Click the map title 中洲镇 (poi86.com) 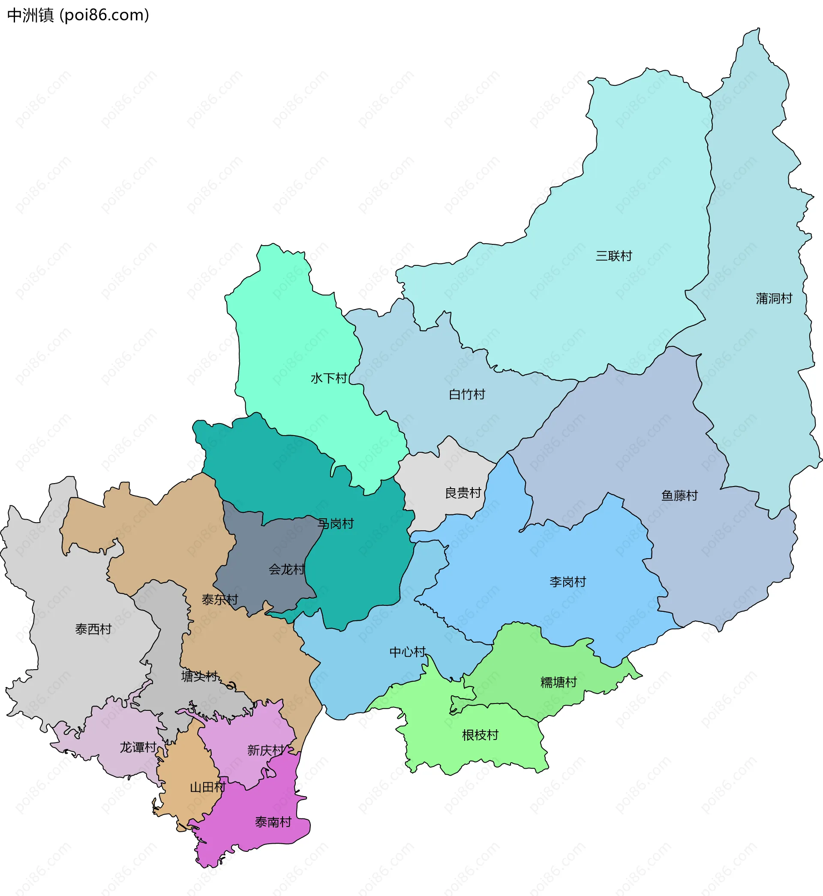pyautogui.click(x=78, y=15)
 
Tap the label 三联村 pyautogui.click(x=614, y=256)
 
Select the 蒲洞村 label pyautogui.click(x=774, y=298)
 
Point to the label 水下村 pyautogui.click(x=329, y=379)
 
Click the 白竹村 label pyautogui.click(x=467, y=394)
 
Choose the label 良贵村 pyautogui.click(x=463, y=493)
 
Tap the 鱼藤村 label pyautogui.click(x=679, y=496)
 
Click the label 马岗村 pyautogui.click(x=335, y=524)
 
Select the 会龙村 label pyautogui.click(x=287, y=570)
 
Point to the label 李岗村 pyautogui.click(x=568, y=582)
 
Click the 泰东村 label pyautogui.click(x=220, y=600)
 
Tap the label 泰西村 pyautogui.click(x=93, y=629)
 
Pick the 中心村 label pyautogui.click(x=408, y=652)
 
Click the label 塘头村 pyautogui.click(x=199, y=677)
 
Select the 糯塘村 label pyautogui.click(x=559, y=682)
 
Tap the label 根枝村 pyautogui.click(x=480, y=735)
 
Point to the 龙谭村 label pyautogui.click(x=138, y=747)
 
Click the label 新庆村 pyautogui.click(x=265, y=750)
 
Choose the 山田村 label pyautogui.click(x=207, y=788)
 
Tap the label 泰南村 pyautogui.click(x=273, y=822)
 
